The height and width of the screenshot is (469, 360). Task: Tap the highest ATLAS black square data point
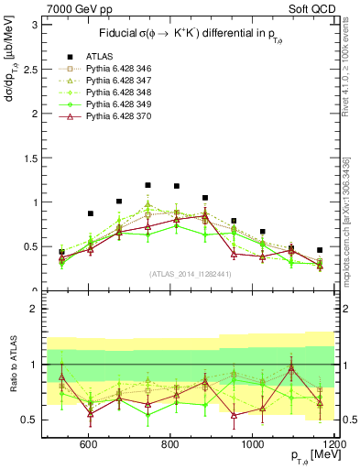click(x=147, y=185)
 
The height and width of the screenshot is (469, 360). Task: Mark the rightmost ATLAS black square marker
click(x=320, y=250)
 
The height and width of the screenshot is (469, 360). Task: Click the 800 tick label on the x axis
click(x=170, y=444)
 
